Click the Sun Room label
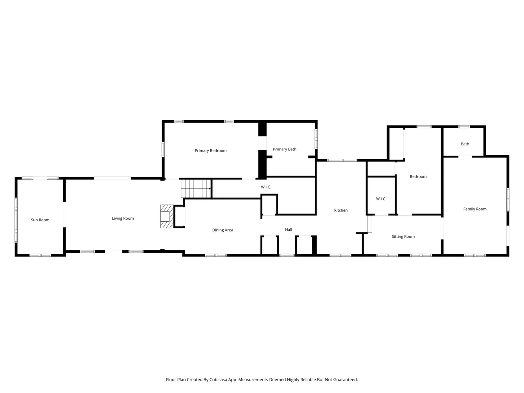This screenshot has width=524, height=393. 40,220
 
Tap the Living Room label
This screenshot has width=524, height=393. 123,219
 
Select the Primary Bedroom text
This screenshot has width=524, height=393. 211,151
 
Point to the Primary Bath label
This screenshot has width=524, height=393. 285,149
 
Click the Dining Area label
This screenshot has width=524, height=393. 222,230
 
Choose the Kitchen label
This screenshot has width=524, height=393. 341,210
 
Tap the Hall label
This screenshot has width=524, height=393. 289,230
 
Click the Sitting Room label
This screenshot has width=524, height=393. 403,237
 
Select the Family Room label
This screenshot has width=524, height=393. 475,209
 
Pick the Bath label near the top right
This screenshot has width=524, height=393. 465,144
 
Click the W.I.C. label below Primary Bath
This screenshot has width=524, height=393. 266,187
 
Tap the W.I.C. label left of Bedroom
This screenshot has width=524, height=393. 381,199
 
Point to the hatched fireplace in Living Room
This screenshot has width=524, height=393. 166,217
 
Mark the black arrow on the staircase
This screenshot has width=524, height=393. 210,189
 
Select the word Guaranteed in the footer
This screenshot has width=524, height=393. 345,380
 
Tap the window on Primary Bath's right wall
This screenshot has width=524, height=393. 316,139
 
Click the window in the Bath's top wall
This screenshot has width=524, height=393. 464,127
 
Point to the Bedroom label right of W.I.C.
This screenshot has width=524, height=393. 418,176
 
